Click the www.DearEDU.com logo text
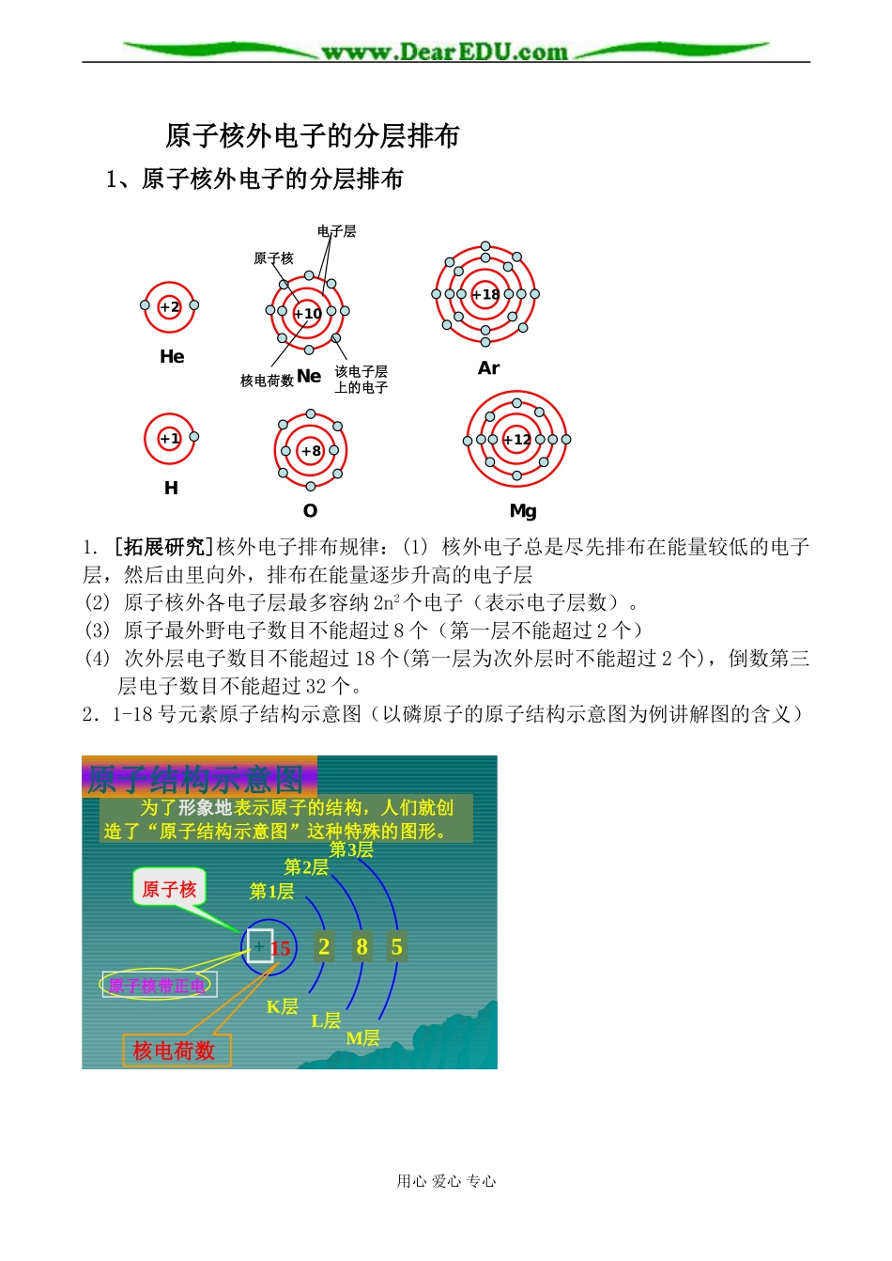tap(445, 52)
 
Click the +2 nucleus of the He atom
tap(170, 307)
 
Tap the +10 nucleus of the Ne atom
tap(308, 313)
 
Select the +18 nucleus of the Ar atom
tap(485, 294)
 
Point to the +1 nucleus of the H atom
tap(170, 439)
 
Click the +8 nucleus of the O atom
tap(311, 451)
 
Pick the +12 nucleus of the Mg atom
tap(516, 439)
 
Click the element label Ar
tap(488, 368)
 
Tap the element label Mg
tap(523, 511)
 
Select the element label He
tap(172, 357)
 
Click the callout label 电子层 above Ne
tap(336, 231)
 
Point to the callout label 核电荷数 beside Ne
tap(267, 381)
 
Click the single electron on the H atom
tap(194, 436)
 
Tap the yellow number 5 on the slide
tap(396, 947)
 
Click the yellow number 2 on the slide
tap(324, 946)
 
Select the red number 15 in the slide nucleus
tap(280, 948)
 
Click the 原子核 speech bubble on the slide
tap(169, 889)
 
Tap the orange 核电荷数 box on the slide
tap(175, 1051)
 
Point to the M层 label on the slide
tap(363, 1038)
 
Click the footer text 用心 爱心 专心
tap(446, 1181)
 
